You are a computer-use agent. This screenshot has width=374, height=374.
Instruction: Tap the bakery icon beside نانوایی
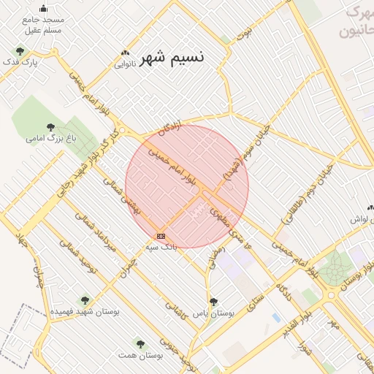point(126,53)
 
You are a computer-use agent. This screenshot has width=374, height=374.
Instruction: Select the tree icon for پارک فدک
point(19,51)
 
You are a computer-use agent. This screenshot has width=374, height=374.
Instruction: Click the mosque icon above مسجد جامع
point(43,9)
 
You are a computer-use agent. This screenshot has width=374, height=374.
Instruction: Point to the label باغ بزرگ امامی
point(50,137)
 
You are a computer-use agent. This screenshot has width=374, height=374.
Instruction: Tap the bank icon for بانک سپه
point(161,236)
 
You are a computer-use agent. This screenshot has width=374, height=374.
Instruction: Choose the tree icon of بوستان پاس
point(213,302)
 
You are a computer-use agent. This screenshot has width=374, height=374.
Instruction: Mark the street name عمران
point(129,263)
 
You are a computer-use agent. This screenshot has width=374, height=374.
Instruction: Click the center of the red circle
point(187,186)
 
